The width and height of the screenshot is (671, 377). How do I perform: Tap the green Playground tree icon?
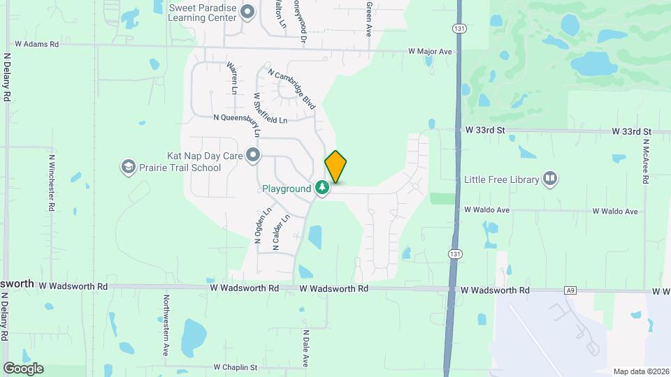pyautogui.click(x=322, y=188)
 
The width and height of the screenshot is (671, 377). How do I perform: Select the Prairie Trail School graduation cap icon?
pyautogui.click(x=128, y=167)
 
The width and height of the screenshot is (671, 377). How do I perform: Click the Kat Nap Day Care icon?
pyautogui.click(x=253, y=155)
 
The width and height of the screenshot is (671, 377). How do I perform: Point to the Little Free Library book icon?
pyautogui.click(x=550, y=179)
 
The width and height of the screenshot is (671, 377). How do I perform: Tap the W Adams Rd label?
pyautogui.click(x=37, y=43)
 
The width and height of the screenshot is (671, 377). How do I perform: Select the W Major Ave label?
pyautogui.click(x=431, y=52)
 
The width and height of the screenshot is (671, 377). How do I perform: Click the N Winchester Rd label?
pyautogui.click(x=52, y=183)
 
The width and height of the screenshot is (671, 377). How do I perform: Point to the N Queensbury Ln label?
pyautogui.click(x=250, y=119)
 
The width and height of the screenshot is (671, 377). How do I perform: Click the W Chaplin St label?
pyautogui.click(x=236, y=367)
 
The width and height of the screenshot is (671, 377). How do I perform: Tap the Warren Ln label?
pyautogui.click(x=233, y=78)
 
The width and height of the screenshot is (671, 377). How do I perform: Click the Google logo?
pyautogui.click(x=22, y=368)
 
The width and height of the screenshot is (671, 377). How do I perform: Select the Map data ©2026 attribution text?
pyautogui.click(x=640, y=371)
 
